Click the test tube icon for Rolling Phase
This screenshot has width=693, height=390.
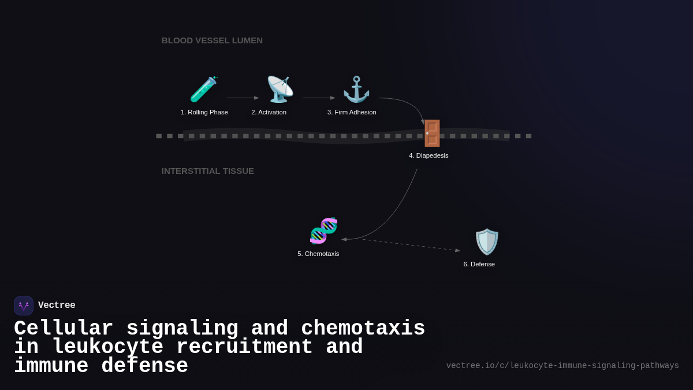[x=203, y=90]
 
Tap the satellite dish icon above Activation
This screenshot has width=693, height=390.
[x=280, y=90]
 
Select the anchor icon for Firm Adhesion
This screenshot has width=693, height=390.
[x=356, y=90]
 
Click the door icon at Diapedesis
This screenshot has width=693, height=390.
[x=431, y=133]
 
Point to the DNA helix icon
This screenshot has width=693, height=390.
[x=323, y=231]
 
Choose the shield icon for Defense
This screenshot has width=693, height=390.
[x=486, y=242]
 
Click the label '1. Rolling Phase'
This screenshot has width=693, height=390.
[x=204, y=112]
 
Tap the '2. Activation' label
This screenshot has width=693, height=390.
[x=269, y=112]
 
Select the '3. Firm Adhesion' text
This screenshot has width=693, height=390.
[x=352, y=112]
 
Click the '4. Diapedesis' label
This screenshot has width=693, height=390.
[x=429, y=155]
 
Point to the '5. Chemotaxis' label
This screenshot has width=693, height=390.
[x=318, y=254]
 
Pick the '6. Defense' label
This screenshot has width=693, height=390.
[x=479, y=264]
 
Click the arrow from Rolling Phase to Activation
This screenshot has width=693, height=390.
[x=242, y=98]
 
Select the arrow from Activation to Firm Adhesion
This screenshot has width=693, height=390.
[x=318, y=98]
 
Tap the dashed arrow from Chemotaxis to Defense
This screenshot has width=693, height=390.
[x=410, y=245]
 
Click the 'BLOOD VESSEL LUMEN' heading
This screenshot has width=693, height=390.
[x=212, y=40]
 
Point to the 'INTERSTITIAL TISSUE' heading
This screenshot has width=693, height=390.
[x=207, y=171]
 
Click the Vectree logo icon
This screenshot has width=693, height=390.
[x=24, y=306]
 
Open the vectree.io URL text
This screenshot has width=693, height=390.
[x=562, y=366]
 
